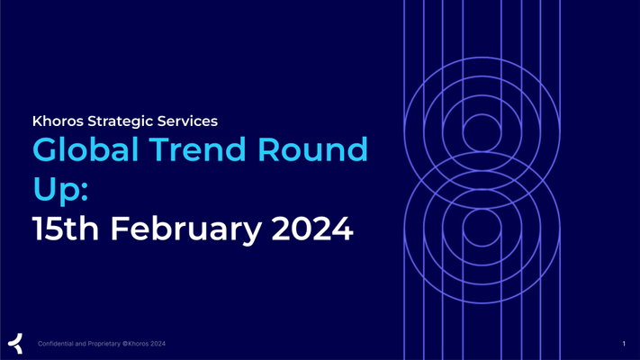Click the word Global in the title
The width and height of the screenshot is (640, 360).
[x=85, y=149]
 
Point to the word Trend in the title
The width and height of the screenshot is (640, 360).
[x=197, y=149]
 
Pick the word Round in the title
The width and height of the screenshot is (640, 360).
[x=312, y=149]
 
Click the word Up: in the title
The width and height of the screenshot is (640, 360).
[x=60, y=190]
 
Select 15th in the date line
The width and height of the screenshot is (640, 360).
[x=66, y=229]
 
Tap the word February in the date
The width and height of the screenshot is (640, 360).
[x=186, y=230]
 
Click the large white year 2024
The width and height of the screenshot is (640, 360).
[x=312, y=229]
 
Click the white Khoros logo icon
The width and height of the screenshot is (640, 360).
[x=15, y=343]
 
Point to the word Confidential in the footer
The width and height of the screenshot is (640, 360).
[x=56, y=344]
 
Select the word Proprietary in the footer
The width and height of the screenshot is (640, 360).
[x=104, y=344]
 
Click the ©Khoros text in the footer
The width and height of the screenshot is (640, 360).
[x=136, y=344]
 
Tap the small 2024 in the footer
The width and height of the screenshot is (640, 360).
[x=158, y=344]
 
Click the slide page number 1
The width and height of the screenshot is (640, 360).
[x=624, y=344]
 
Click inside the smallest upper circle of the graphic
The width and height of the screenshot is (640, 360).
[x=482, y=132]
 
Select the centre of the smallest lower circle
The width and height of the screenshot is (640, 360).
[x=482, y=228]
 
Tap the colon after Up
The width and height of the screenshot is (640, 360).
[x=84, y=191]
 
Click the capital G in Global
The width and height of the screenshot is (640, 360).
[x=45, y=149]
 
